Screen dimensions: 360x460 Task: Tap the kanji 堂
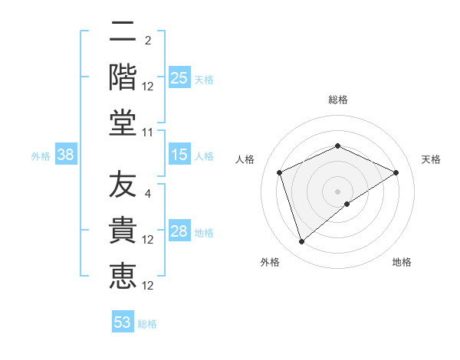[x=123, y=123]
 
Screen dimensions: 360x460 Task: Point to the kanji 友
[x=123, y=185]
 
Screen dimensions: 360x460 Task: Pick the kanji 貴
[x=123, y=230]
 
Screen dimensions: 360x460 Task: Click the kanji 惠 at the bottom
[x=123, y=276]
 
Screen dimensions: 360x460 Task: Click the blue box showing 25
[x=179, y=77]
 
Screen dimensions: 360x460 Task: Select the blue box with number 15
[x=179, y=155]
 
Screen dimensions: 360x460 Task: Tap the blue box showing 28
[x=179, y=231]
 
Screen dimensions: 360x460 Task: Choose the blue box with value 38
[x=66, y=155]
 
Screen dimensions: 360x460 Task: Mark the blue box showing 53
[x=123, y=322]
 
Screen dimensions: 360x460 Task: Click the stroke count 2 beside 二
[x=148, y=40]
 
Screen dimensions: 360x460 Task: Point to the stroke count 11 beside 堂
[x=148, y=132]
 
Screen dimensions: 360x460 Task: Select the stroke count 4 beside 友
[x=148, y=193]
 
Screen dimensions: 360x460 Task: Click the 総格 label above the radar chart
[x=337, y=100]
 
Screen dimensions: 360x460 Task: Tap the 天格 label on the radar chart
[x=431, y=159]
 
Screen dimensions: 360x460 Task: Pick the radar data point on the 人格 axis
[x=280, y=172]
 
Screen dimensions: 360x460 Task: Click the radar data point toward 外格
[x=301, y=242]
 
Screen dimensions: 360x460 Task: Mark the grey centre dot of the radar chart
[x=337, y=191]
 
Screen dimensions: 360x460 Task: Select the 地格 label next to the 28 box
[x=204, y=232]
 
